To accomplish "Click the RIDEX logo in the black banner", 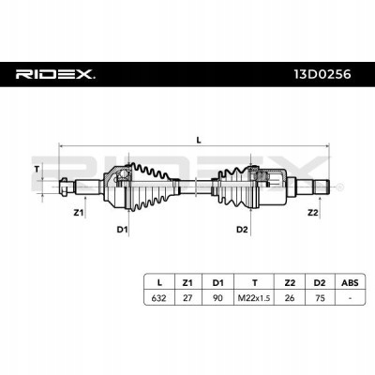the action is (x=55, y=74).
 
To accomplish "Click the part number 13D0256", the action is (x=322, y=74).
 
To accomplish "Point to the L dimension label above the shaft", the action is (x=199, y=140).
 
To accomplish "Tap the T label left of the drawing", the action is (x=37, y=170).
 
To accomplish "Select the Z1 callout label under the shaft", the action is (x=79, y=213).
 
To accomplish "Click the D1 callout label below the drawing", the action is (x=122, y=230).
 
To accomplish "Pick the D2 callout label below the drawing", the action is (x=242, y=230).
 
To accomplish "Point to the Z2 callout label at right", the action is (x=312, y=213).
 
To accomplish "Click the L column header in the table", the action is (x=159, y=283).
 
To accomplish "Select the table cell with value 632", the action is (x=158, y=298).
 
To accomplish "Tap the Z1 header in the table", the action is (x=187, y=283).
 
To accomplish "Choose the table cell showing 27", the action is (x=187, y=298).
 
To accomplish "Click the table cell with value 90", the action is (x=217, y=298).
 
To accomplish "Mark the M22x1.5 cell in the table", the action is (x=254, y=298).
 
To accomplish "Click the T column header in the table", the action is (x=255, y=283).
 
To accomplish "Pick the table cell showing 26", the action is (x=290, y=298).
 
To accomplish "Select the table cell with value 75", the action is (x=320, y=298).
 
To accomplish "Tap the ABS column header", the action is (x=350, y=283).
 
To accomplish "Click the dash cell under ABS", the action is (x=350, y=298).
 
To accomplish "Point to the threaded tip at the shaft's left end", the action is (x=64, y=187).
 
